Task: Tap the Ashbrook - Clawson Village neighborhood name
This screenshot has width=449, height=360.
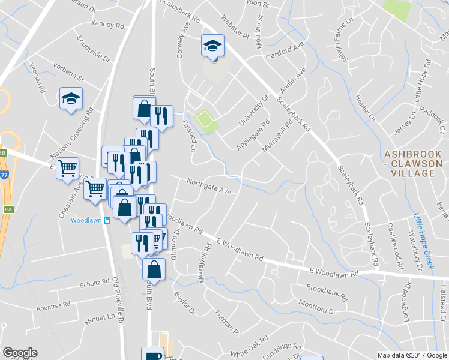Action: (413, 164)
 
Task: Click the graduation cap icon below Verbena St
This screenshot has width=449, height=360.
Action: (71, 98)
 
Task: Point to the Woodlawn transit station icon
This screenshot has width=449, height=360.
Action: (107, 220)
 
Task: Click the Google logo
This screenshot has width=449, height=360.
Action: (20, 353)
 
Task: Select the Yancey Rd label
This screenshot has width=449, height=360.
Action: (107, 25)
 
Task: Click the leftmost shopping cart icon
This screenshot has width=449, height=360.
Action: (68, 168)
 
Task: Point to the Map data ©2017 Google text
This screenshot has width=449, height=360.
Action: (412, 355)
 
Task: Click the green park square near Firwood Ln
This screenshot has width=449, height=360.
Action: (205, 119)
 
